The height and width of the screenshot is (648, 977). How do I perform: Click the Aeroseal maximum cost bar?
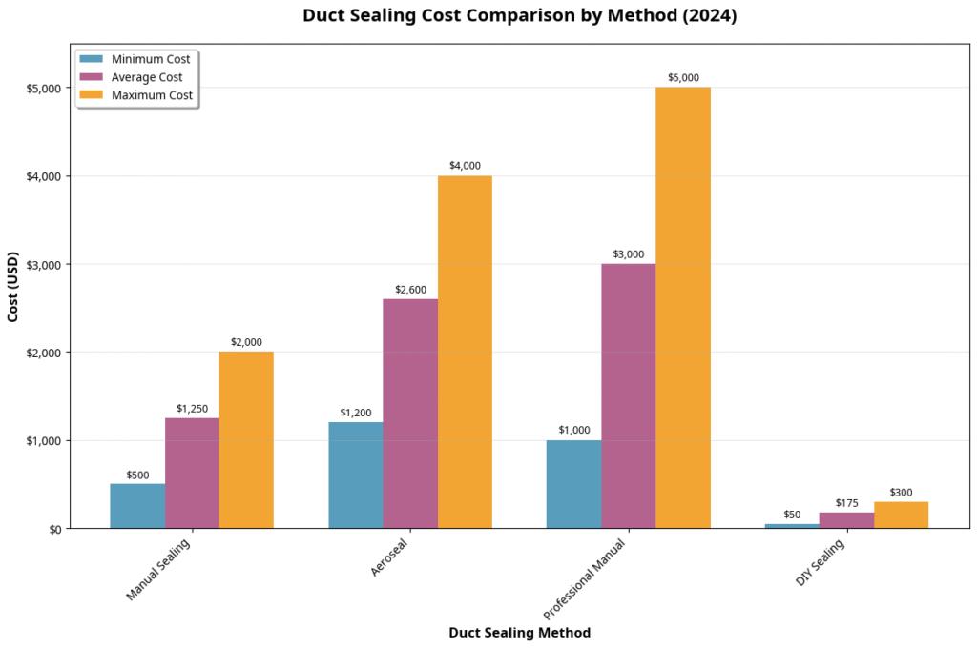465,352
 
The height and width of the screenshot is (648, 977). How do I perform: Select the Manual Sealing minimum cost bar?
137,506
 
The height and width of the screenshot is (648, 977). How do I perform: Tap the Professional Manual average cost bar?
629,395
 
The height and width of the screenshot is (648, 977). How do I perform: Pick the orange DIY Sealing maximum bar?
901,515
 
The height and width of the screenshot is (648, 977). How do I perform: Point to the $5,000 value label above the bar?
683,78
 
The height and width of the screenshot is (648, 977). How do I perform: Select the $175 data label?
847,502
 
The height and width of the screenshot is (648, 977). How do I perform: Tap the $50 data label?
792,515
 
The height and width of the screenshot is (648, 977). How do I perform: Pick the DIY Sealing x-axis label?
821,562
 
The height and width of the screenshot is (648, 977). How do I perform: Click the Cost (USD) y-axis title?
13,287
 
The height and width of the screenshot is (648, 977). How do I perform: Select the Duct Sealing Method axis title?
519,633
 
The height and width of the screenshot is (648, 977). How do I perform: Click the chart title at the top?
519,16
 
